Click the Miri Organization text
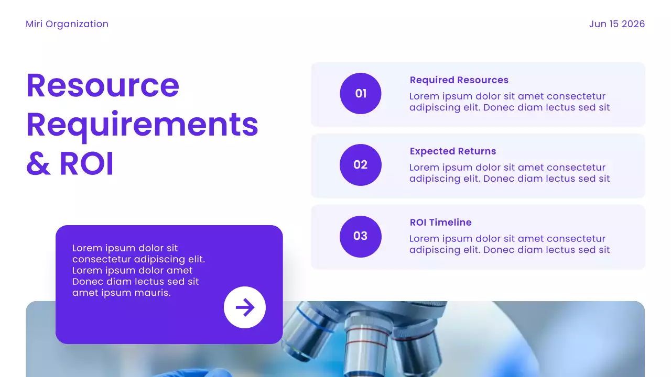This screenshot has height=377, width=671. tap(67, 24)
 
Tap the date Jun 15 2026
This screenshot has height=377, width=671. tap(616, 24)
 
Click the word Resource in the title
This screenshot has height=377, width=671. tap(103, 85)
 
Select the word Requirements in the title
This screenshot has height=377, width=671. tap(142, 125)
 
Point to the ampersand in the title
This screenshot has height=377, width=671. tap(38, 164)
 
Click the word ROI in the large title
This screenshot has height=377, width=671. tap(86, 164)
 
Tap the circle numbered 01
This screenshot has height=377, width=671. tap(361, 94)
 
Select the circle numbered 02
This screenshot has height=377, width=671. tap(361, 165)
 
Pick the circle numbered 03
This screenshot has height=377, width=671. tap(361, 236)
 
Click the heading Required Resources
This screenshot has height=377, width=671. tap(459, 80)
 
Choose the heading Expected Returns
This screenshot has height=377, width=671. tap(452, 151)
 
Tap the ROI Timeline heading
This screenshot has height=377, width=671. tap(440, 223)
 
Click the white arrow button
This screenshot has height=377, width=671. tap(245, 307)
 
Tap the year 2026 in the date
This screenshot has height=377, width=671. tap(633, 24)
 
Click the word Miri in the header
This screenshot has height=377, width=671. tap(34, 24)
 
